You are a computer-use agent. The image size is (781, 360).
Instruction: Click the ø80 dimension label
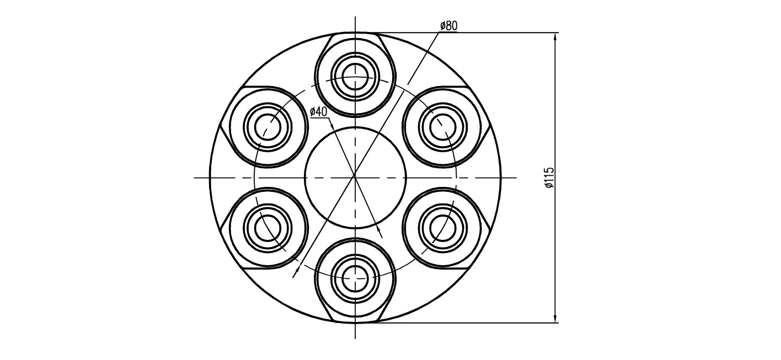(x=448, y=26)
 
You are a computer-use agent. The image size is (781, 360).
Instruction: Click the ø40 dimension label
(x=318, y=112)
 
